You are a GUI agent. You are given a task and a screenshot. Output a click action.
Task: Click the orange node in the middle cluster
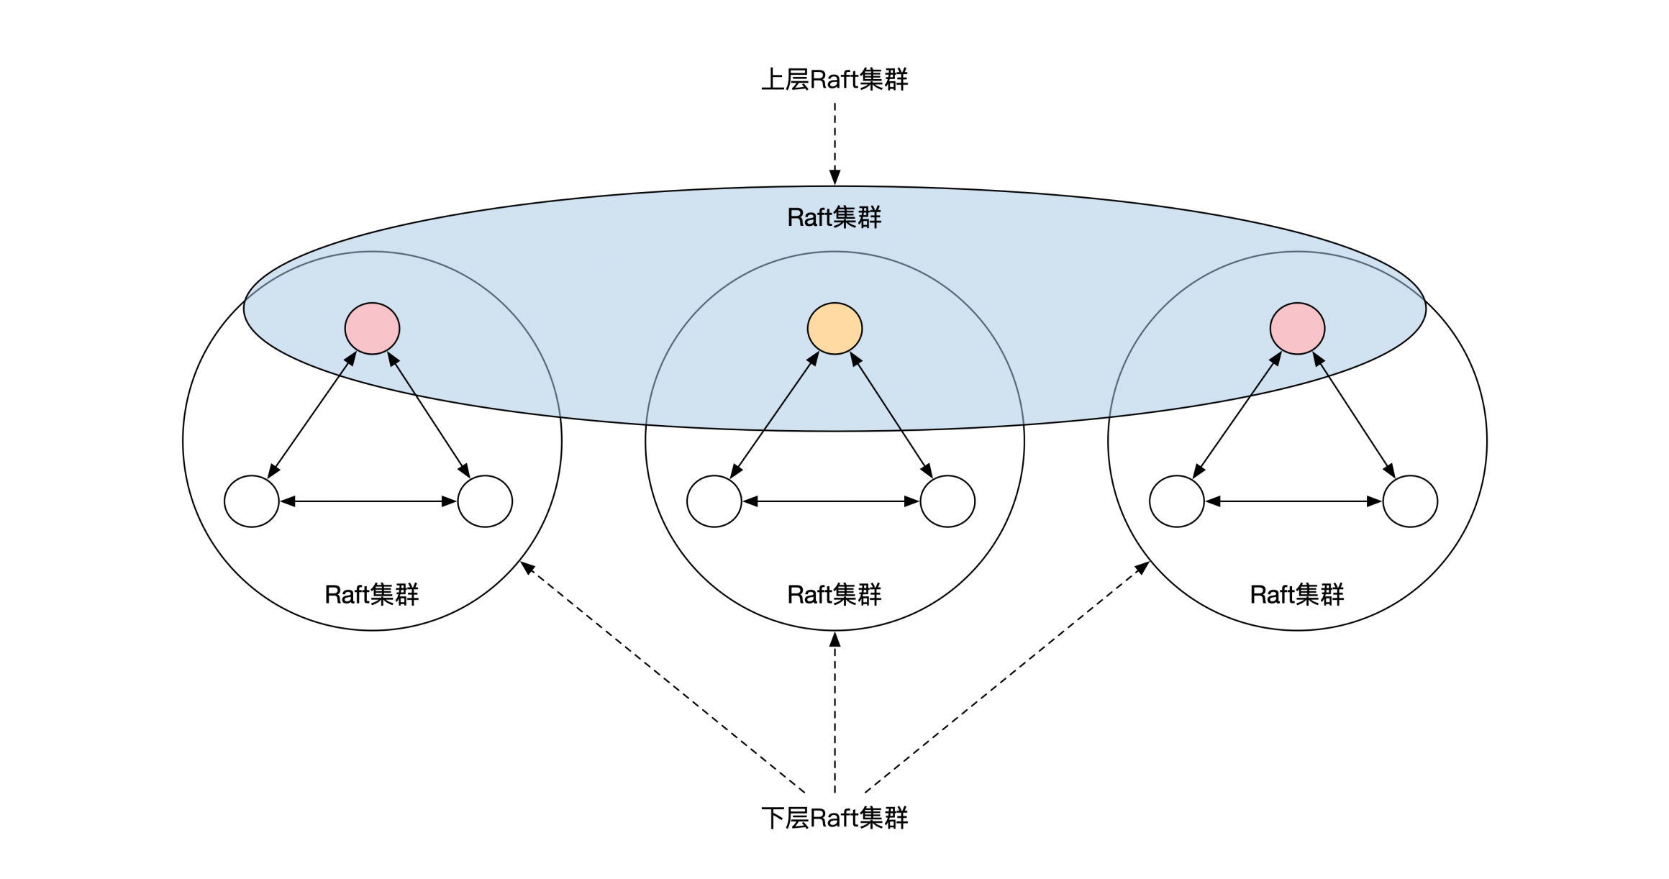[834, 329]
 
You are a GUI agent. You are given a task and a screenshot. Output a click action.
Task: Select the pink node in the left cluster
[372, 329]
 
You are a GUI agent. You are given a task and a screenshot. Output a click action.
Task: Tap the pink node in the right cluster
[1297, 329]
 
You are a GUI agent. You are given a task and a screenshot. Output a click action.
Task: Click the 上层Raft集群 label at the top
[834, 79]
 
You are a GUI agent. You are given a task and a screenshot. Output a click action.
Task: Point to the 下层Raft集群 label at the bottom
[834, 818]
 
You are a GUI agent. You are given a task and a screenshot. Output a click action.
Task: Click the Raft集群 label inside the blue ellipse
[834, 217]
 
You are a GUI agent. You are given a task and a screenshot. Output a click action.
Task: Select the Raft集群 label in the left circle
[372, 595]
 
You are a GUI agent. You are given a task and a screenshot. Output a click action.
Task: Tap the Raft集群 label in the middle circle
[834, 595]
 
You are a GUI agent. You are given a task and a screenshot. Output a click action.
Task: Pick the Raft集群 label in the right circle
[1297, 595]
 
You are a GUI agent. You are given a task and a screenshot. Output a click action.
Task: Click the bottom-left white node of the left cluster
[252, 501]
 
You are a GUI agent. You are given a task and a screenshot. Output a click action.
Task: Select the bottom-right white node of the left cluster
[485, 501]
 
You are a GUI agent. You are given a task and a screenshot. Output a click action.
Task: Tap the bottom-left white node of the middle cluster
[714, 501]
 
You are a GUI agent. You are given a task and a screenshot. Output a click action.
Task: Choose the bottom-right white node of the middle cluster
[947, 501]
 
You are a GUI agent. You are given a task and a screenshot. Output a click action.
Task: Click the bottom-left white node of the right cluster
[1177, 501]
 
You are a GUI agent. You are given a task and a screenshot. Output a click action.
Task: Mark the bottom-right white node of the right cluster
[1410, 501]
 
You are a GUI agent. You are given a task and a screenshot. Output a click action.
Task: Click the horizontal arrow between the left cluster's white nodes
[368, 501]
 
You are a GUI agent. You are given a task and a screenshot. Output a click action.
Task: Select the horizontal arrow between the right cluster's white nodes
[1293, 501]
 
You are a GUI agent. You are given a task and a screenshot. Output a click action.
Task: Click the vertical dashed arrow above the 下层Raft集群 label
[834, 712]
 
